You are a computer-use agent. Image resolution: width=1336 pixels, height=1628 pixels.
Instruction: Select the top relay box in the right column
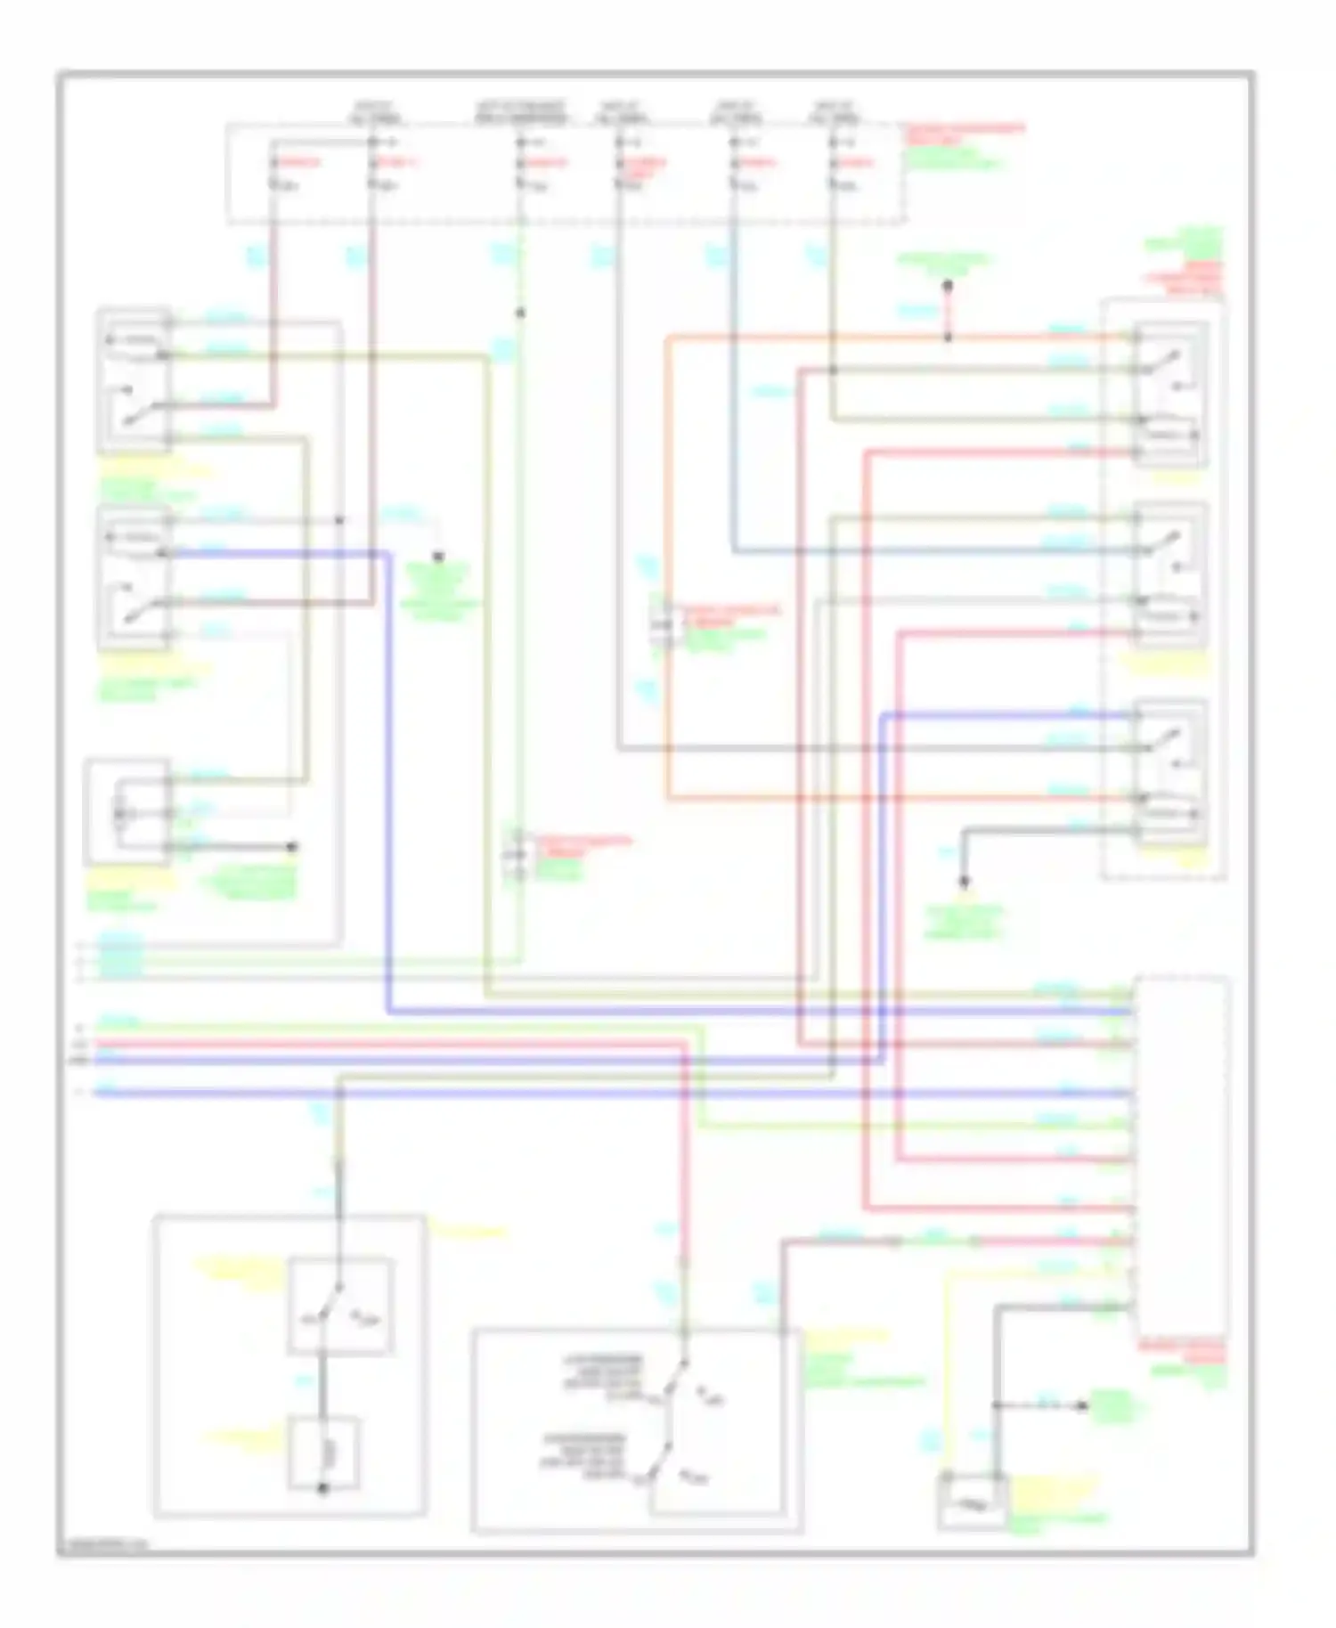tap(1170, 395)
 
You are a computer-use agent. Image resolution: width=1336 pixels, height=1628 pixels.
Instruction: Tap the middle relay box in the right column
tap(1170, 574)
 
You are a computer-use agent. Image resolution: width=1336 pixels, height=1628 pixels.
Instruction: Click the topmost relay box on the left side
tap(134, 381)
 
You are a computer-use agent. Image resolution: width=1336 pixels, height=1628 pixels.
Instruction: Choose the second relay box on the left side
tap(134, 577)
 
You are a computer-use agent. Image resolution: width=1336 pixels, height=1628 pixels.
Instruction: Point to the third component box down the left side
tap(127, 811)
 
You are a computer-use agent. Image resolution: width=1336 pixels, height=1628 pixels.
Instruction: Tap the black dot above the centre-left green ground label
tap(438, 558)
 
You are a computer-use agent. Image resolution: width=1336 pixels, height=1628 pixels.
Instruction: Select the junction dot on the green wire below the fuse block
tap(521, 313)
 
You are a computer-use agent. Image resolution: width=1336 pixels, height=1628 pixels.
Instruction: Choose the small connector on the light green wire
tap(518, 855)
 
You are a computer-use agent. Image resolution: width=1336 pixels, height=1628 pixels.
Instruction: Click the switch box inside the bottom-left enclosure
tap(340, 1306)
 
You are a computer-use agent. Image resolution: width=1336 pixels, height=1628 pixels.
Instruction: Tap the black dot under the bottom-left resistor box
tap(323, 1488)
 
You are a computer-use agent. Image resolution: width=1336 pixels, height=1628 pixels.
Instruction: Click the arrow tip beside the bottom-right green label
tap(1084, 1406)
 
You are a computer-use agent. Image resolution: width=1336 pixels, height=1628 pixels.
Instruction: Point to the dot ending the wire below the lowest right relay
tap(964, 883)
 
